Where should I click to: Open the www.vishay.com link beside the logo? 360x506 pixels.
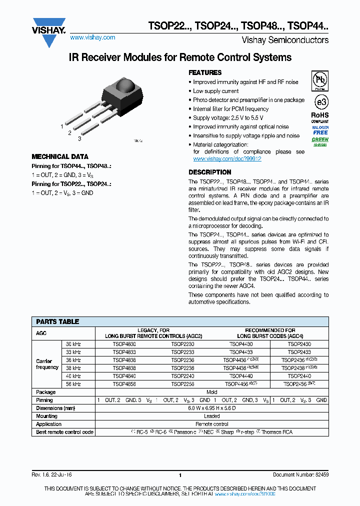pyautogui.click(x=92, y=37)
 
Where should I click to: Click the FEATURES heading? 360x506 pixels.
pyautogui.click(x=205, y=73)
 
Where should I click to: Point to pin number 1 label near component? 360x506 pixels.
pyautogui.click(x=62, y=127)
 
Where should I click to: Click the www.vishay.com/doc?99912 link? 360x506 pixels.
pyautogui.click(x=227, y=158)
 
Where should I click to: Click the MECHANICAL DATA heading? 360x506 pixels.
pyautogui.click(x=60, y=156)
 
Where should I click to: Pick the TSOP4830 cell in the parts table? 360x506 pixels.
pyautogui.click(x=124, y=344)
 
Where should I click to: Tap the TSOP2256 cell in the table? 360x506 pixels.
pyautogui.click(x=182, y=384)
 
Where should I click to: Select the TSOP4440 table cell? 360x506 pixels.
pyautogui.click(x=241, y=376)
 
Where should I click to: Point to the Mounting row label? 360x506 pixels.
pyautogui.click(x=47, y=416)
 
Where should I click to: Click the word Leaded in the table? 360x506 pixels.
pyautogui.click(x=212, y=416)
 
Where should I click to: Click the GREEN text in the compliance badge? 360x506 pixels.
pyautogui.click(x=320, y=139)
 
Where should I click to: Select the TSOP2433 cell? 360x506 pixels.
pyautogui.click(x=299, y=352)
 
